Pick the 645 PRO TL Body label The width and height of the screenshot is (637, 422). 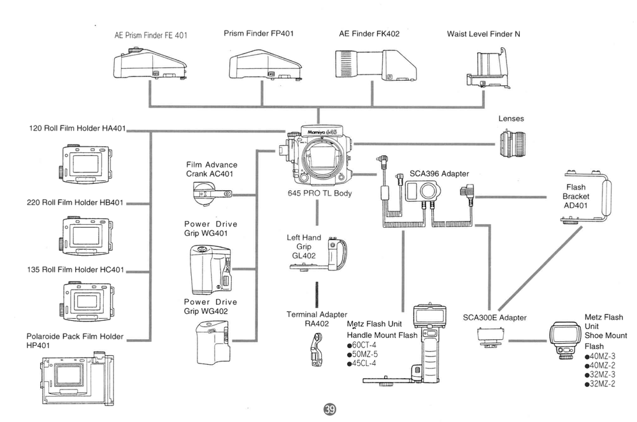point(319,193)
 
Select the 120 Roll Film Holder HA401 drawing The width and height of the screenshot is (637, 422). point(86,162)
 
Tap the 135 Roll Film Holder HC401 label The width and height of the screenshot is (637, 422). point(76,269)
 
